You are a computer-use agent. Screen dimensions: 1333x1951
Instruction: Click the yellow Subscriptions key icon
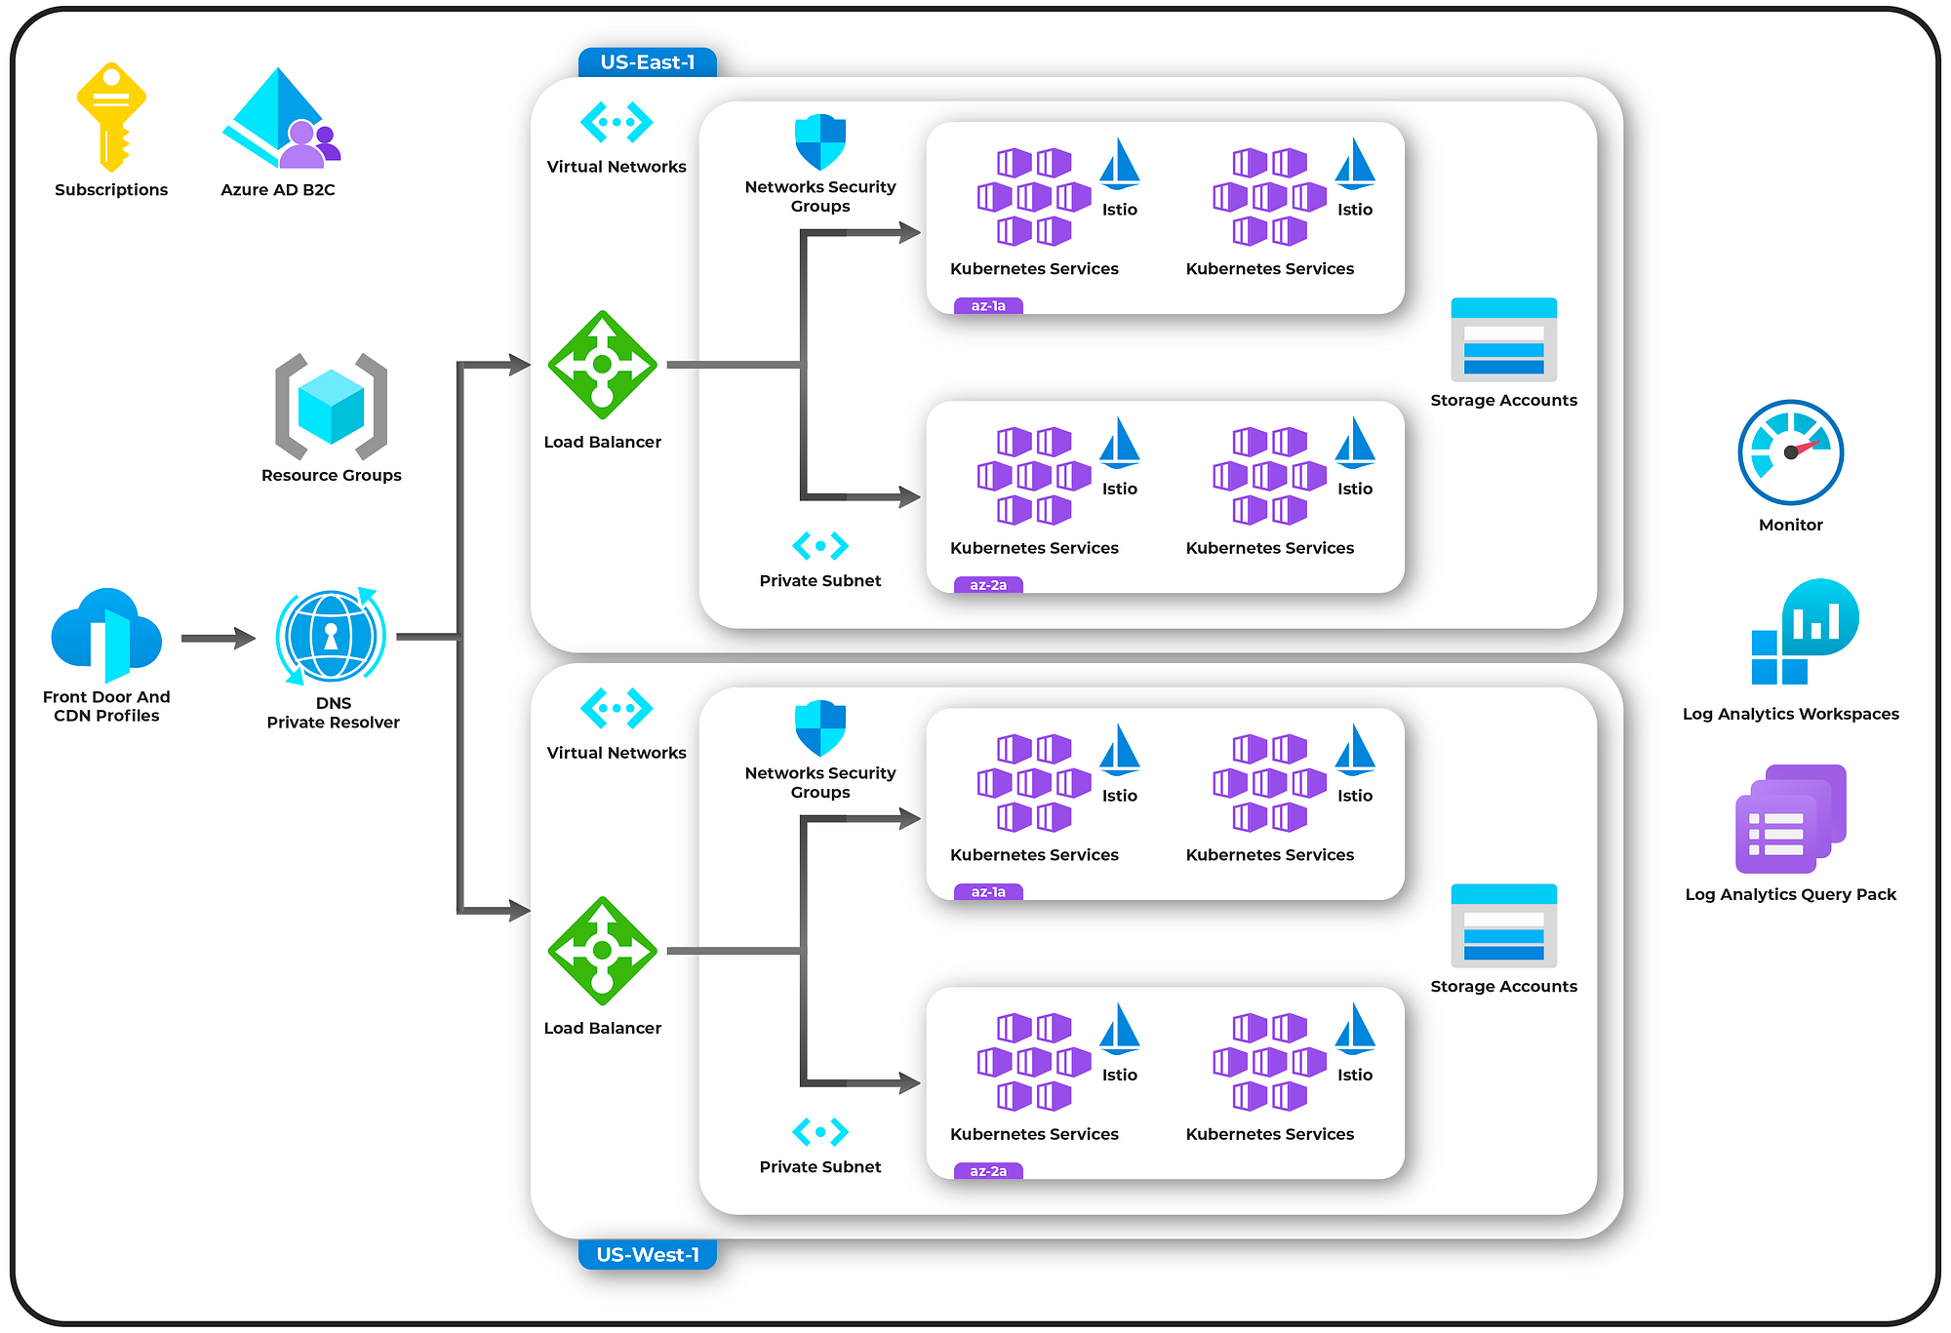tap(111, 116)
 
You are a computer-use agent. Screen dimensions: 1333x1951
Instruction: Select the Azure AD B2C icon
tap(280, 118)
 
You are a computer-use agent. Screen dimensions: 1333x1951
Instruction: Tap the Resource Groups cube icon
tap(331, 407)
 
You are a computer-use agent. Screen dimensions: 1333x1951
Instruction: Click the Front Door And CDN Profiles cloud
tap(106, 635)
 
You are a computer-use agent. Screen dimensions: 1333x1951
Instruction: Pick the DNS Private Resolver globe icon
tap(331, 636)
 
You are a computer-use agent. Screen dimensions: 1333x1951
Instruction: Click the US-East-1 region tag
tap(648, 62)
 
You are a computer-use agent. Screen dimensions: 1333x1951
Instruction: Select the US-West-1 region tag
tap(648, 1254)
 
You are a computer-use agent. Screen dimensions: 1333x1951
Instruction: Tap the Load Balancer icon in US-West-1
tap(603, 951)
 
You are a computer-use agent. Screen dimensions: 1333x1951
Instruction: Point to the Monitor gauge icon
tap(1790, 452)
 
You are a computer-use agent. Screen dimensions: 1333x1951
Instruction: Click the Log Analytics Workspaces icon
tap(1804, 632)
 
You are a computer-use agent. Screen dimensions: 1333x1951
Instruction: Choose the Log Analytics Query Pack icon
tap(1790, 819)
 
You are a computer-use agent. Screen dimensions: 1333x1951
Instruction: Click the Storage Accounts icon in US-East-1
tap(1503, 339)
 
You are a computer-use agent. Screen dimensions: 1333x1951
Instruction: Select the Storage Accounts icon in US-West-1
tap(1503, 925)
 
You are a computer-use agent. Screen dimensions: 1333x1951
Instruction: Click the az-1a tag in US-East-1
tap(988, 306)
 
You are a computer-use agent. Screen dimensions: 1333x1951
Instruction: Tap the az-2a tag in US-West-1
tap(988, 1171)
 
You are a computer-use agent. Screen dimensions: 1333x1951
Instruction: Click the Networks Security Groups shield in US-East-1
tap(820, 142)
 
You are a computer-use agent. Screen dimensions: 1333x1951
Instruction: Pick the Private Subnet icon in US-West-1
tap(820, 1132)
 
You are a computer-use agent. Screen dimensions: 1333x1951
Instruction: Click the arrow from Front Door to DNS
tap(218, 639)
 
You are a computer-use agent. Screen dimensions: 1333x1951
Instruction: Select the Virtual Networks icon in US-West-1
tap(617, 708)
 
